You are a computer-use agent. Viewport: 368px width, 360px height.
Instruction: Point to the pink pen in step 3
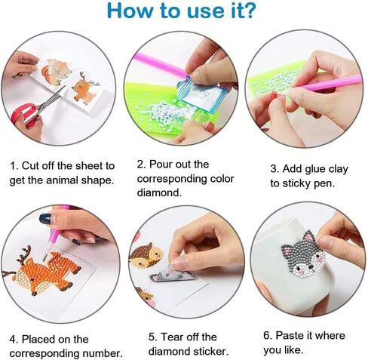(330, 84)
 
